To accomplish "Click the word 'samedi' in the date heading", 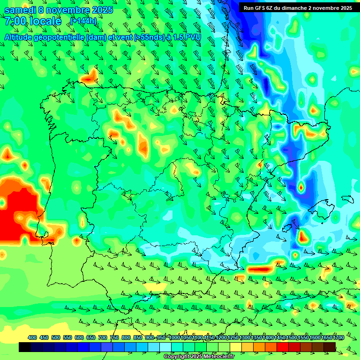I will (x=20, y=9).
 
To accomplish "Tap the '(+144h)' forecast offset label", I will (x=83, y=21).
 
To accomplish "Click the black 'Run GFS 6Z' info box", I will (x=298, y=7).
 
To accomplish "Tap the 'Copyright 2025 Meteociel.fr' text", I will (x=199, y=357).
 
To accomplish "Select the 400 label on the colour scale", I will (x=32, y=337).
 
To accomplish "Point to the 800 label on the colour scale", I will (x=126, y=337).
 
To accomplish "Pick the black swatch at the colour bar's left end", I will (x=25, y=347).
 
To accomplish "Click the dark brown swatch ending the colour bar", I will (x=330, y=347).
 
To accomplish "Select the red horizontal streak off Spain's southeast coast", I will (x=260, y=270).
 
